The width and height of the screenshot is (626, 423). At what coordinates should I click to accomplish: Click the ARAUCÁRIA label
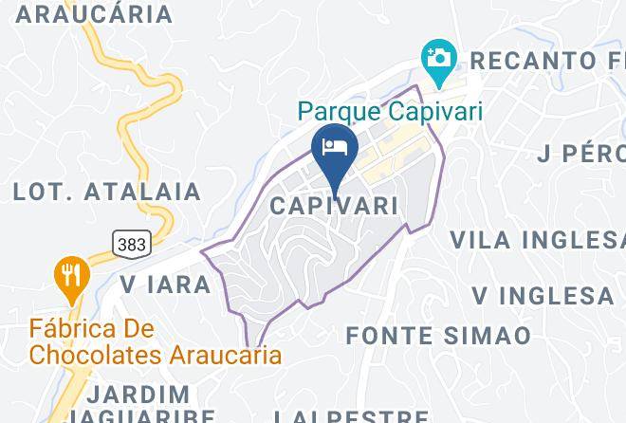95,13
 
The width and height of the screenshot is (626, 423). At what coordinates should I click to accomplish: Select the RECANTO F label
547,61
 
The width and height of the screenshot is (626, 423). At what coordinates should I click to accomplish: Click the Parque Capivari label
390,112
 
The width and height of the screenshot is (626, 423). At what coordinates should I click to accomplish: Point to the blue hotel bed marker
335,148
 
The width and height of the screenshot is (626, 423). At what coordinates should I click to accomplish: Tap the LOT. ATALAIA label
107,192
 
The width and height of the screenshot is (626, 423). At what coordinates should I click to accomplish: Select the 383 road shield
131,244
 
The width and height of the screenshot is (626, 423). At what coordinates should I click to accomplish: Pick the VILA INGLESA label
537,238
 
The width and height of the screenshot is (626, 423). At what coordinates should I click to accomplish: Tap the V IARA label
165,284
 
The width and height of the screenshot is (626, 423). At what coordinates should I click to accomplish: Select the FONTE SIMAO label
438,335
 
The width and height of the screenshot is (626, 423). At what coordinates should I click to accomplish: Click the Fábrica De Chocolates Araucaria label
156,343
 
